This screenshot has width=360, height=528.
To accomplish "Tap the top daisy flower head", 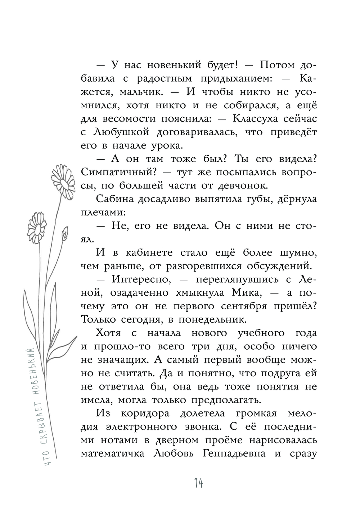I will point(63,179).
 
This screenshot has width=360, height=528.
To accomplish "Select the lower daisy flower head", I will point(36,226).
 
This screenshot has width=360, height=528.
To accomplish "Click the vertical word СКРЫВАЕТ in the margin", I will point(46,422).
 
